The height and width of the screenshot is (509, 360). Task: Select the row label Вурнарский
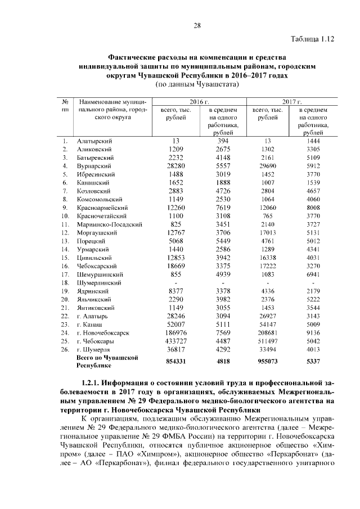tap(94, 166)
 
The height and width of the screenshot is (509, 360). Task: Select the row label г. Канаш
tap(90, 324)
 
